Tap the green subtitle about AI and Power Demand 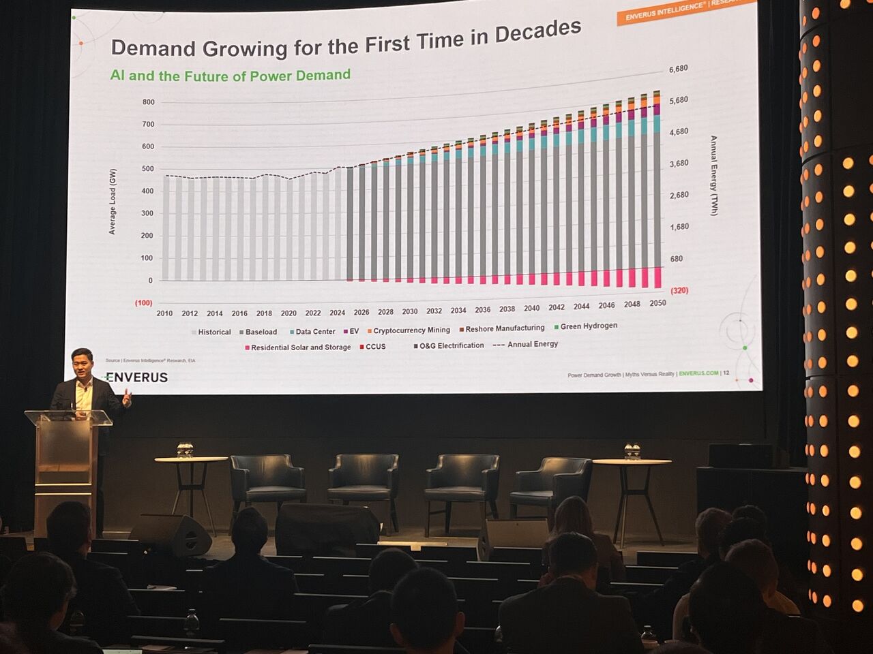click(231, 75)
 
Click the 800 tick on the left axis click(148, 102)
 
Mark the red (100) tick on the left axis click(143, 302)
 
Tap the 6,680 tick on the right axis click(678, 69)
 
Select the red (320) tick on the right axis click(679, 290)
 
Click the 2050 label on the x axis click(657, 303)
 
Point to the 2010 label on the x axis click(164, 313)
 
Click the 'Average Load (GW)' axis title click(113, 202)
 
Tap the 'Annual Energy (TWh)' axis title click(714, 176)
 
